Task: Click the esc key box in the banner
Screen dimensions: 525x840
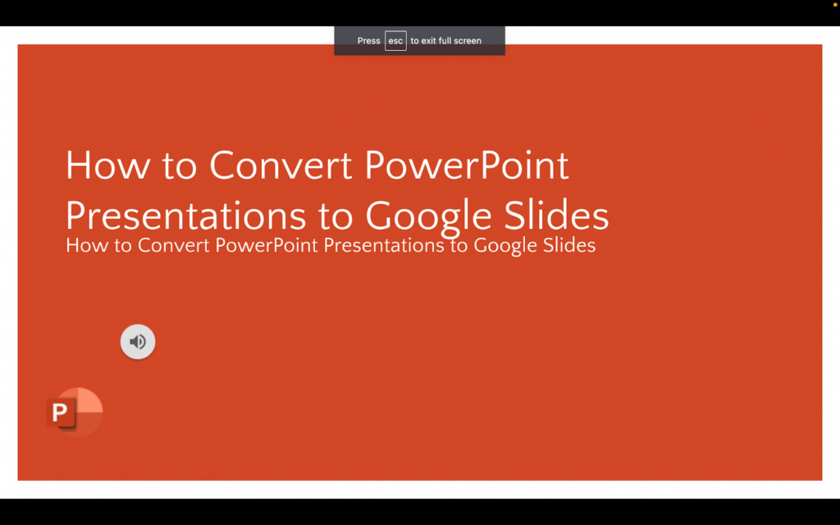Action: tap(395, 41)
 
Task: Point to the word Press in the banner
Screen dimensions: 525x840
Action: tap(368, 41)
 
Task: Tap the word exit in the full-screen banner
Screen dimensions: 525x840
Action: tap(428, 41)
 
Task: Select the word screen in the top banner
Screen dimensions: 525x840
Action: tap(468, 41)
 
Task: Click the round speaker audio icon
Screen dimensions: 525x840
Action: tap(138, 341)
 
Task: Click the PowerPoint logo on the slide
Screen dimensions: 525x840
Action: tap(75, 411)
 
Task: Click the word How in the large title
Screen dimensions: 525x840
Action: tap(103, 166)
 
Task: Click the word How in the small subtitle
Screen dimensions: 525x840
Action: tap(86, 245)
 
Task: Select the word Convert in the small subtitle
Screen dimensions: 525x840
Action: tap(173, 245)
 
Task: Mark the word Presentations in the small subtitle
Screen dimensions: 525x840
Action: tap(385, 245)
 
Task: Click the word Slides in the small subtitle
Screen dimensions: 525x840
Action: tap(568, 245)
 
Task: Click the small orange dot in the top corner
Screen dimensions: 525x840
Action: tap(830, 4)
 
